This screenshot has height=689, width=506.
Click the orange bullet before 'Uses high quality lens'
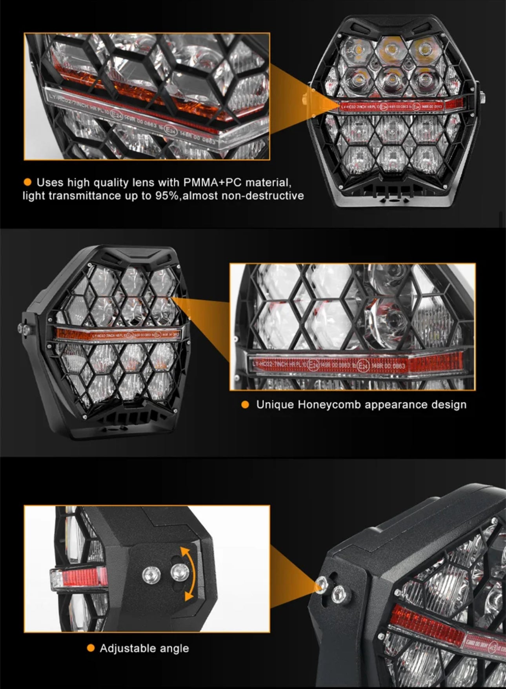[27, 182]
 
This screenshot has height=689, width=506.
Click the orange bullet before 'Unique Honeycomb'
[245, 405]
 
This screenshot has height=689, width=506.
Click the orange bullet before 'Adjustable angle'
[91, 648]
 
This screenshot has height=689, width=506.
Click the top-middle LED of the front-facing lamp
[391, 49]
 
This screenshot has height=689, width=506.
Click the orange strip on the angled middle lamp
[118, 334]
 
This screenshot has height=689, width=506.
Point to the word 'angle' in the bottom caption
[171, 648]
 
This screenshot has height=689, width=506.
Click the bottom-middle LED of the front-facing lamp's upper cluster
[391, 80]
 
